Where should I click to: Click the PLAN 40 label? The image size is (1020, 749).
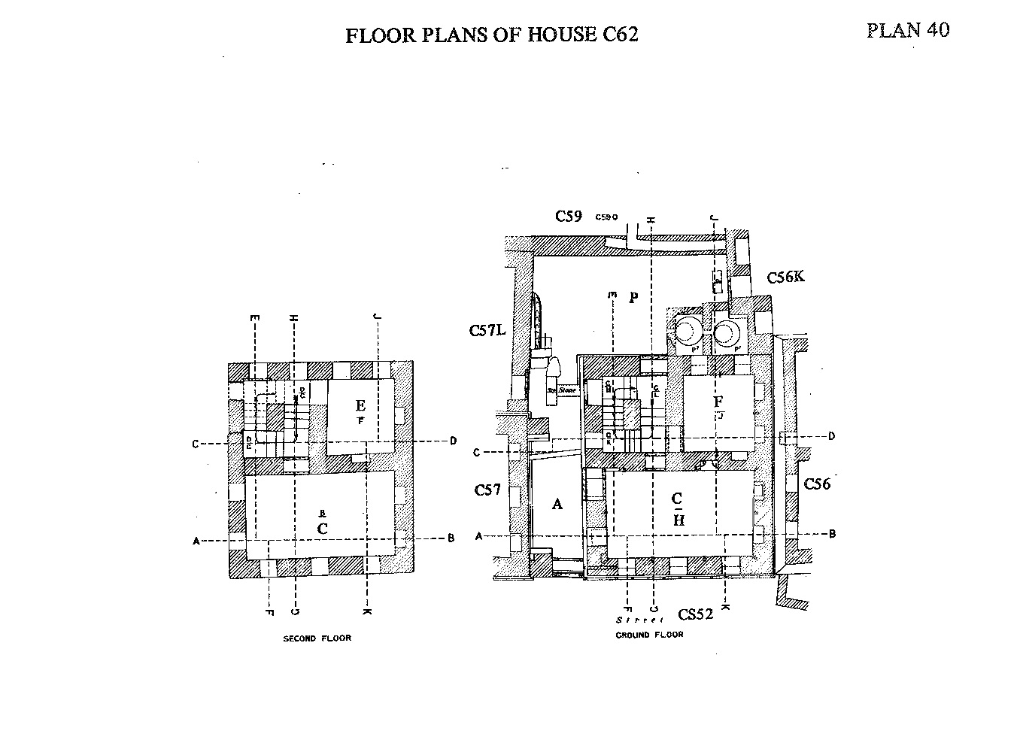coord(907,30)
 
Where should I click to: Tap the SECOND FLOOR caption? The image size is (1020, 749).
coord(317,638)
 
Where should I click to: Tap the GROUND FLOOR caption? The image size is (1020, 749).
coord(649,635)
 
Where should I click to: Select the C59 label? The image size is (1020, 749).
coord(569,217)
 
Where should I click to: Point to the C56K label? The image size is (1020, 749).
coord(785,277)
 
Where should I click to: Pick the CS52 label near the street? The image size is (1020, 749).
coord(694,614)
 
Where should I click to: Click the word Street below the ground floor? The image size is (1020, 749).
coord(639,620)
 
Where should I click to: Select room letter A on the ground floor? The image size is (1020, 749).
coord(557,504)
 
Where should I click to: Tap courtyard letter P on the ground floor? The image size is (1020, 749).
coord(633,297)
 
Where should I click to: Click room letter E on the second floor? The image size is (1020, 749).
coord(361,406)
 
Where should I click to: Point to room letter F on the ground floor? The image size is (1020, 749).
coord(718,402)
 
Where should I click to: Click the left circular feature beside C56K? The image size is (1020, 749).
coord(686,329)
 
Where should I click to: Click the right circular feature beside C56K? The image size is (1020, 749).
coord(728,331)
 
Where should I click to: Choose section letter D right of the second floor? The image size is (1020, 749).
coord(453,441)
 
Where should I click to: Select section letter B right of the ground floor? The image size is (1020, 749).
coord(832,534)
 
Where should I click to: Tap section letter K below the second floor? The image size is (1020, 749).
coord(366,611)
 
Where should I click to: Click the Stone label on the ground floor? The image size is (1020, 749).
coord(566,391)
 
